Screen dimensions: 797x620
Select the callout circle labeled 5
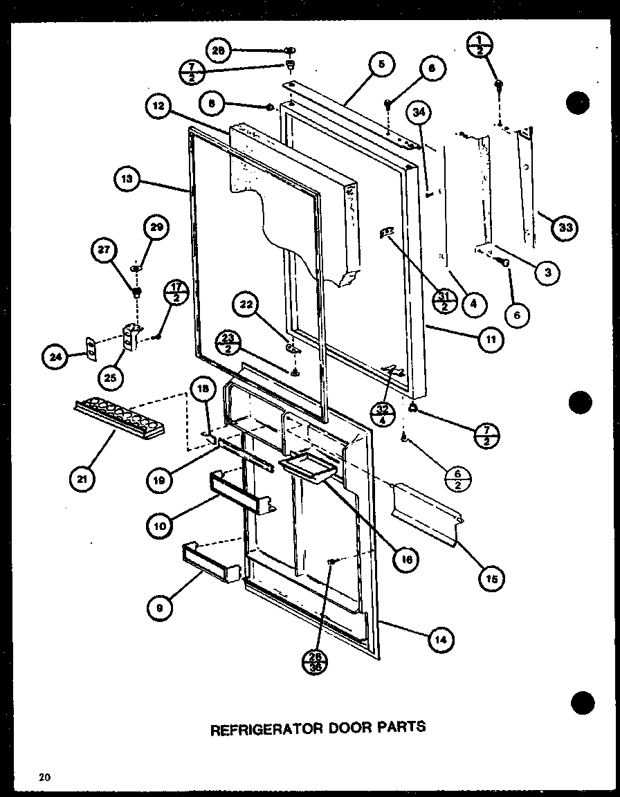pyautogui.click(x=383, y=65)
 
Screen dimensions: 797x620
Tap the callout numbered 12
pyautogui.click(x=158, y=107)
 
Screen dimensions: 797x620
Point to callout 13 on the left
pyautogui.click(x=127, y=181)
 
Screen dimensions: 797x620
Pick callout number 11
pyautogui.click(x=491, y=338)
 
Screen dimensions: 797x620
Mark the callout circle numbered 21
pyautogui.click(x=84, y=479)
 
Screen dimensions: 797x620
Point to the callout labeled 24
pyautogui.click(x=55, y=356)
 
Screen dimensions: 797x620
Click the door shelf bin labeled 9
pyautogui.click(x=210, y=562)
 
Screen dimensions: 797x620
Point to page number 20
pyautogui.click(x=45, y=777)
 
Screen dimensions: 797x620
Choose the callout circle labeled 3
pyautogui.click(x=547, y=272)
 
